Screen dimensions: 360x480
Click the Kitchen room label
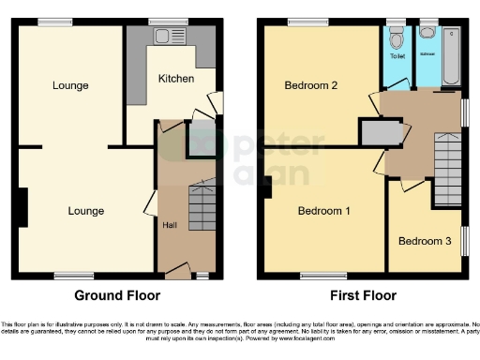(175, 77)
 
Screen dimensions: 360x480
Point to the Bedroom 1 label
(323, 211)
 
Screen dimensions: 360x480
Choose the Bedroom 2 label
(310, 85)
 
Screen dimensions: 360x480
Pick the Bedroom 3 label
(425, 241)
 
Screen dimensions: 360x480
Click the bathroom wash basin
(427, 33)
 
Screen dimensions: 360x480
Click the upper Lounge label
(70, 85)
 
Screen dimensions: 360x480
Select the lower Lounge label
(85, 211)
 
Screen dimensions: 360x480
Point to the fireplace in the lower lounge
(22, 206)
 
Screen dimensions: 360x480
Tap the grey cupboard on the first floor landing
(379, 134)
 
